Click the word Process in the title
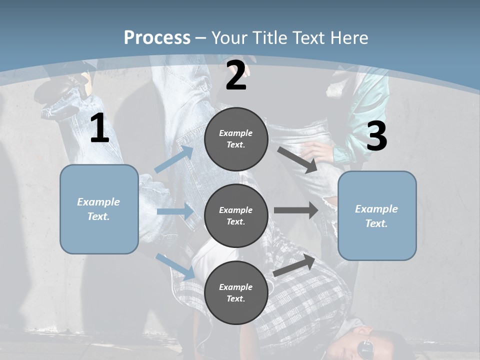pyautogui.click(x=157, y=37)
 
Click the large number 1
pyautogui.click(x=99, y=128)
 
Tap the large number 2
pyautogui.click(x=236, y=75)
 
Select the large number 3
pyautogui.click(x=376, y=136)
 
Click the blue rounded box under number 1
pyautogui.click(x=99, y=209)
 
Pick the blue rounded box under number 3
pyautogui.click(x=377, y=215)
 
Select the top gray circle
pyautogui.click(x=236, y=139)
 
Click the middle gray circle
pyautogui.click(x=236, y=215)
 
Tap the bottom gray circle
pyautogui.click(x=236, y=292)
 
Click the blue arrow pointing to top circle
pyautogui.click(x=173, y=159)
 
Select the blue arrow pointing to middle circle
pyautogui.click(x=175, y=211)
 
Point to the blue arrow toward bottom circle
pyautogui.click(x=175, y=266)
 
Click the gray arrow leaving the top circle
pyautogui.click(x=298, y=159)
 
